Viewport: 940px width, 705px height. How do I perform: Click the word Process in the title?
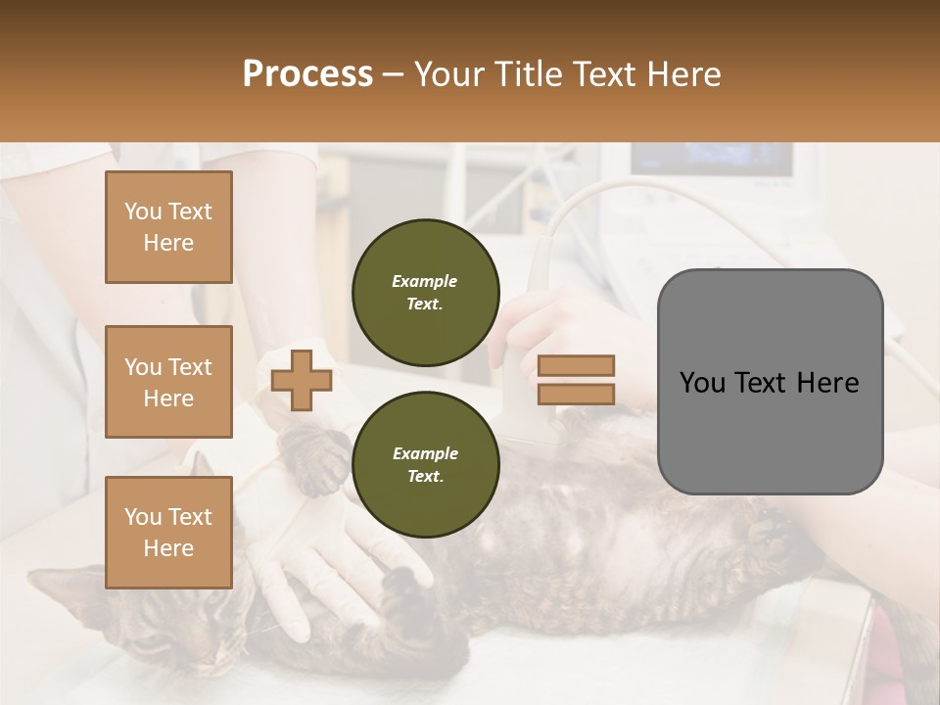click(307, 74)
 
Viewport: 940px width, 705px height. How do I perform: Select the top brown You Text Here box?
click(168, 227)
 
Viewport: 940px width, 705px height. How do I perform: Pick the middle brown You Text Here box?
click(168, 382)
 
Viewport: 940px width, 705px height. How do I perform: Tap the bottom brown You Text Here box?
click(168, 532)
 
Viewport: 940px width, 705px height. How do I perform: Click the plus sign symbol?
click(301, 381)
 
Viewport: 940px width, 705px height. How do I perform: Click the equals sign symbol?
click(577, 380)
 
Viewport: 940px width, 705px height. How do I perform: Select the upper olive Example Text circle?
click(425, 293)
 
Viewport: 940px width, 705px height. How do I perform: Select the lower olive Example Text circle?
click(425, 465)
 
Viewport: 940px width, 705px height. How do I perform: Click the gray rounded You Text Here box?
click(770, 382)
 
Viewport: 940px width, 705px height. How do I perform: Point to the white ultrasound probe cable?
click(587, 201)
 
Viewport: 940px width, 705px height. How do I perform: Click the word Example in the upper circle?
click(425, 281)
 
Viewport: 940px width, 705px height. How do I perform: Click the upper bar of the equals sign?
click(577, 366)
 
